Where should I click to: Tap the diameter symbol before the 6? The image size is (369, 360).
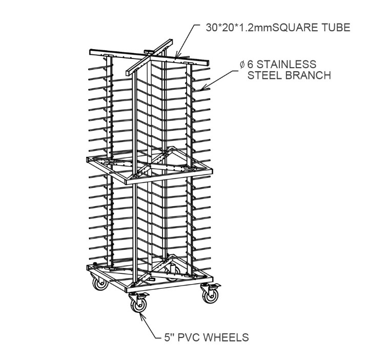(x=242, y=64)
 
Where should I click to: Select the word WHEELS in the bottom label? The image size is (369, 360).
(x=225, y=337)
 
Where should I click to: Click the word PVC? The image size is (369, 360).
(x=189, y=337)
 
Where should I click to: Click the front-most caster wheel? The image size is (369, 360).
(x=138, y=305)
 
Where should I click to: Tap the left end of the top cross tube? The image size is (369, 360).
(x=90, y=52)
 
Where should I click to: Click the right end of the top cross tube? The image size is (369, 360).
(x=208, y=63)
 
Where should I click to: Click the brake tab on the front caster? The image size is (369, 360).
(x=144, y=295)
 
